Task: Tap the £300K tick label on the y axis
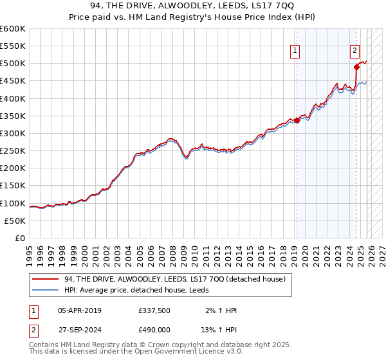(12, 134)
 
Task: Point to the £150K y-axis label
(12, 186)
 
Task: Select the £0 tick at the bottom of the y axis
(19, 239)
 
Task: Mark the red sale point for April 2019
(297, 120)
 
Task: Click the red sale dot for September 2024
(356, 67)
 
